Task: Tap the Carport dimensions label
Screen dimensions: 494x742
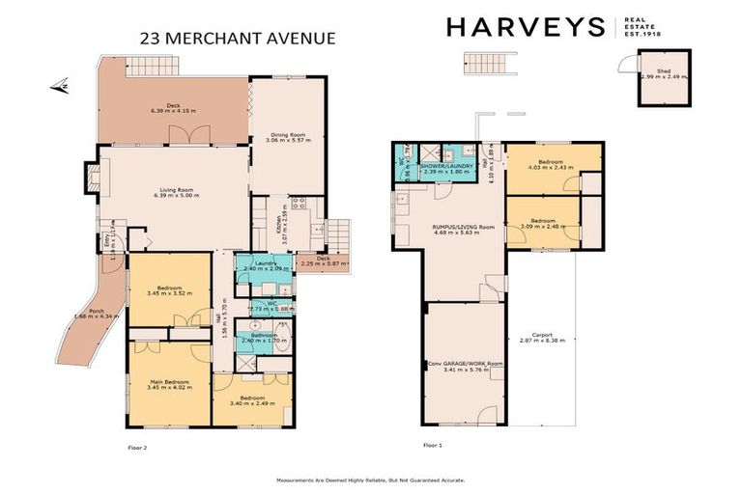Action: pyautogui.click(x=542, y=339)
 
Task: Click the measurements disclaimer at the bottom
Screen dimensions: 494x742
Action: pyautogui.click(x=371, y=480)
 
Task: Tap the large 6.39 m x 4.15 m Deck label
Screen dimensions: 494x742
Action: pyautogui.click(x=174, y=108)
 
